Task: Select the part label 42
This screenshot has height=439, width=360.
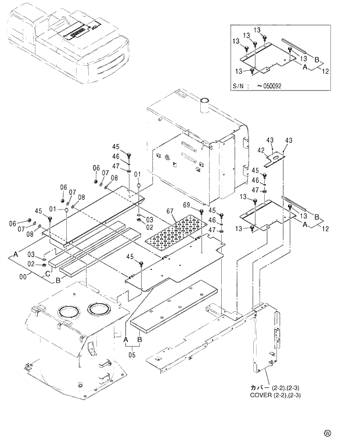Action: pos(261,150)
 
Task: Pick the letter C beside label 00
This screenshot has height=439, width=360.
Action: pos(46,274)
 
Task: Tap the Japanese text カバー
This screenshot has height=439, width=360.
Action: pos(260,387)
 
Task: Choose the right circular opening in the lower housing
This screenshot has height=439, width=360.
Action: pos(100,308)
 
